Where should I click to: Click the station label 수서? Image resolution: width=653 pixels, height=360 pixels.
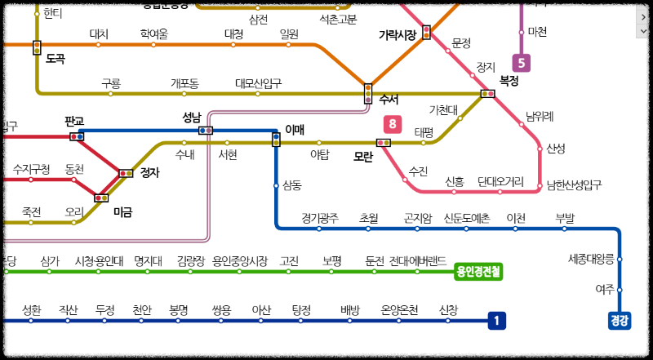[389, 100]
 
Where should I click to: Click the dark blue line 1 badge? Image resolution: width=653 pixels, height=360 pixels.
[496, 321]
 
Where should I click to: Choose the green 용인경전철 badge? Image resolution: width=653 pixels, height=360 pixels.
[479, 271]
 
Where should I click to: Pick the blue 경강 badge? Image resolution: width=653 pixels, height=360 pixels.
[620, 321]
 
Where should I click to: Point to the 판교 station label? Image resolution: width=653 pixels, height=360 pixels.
[74, 121]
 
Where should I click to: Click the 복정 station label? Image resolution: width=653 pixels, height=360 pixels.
[509, 81]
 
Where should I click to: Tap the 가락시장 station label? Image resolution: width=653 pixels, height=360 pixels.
[398, 34]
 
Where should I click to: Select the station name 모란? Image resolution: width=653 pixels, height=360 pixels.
[363, 156]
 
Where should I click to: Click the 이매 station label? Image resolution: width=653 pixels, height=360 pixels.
[295, 129]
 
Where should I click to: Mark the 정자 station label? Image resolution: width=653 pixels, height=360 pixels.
[150, 172]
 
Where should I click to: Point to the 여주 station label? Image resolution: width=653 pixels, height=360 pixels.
[605, 289]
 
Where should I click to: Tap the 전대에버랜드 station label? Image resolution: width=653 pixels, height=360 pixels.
[417, 261]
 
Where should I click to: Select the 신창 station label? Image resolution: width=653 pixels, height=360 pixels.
[449, 310]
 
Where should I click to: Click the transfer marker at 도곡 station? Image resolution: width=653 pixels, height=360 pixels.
[37, 47]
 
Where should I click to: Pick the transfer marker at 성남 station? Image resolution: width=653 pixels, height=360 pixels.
[206, 130]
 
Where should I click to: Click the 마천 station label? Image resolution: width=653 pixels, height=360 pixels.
[538, 32]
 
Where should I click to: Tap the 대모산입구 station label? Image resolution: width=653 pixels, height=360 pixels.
[258, 83]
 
